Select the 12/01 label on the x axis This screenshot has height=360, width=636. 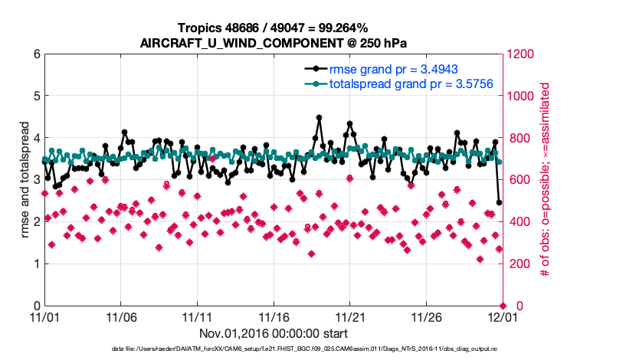[x=502, y=316]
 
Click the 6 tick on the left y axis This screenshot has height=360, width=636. [x=35, y=54]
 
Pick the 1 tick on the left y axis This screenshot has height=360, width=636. [x=35, y=264]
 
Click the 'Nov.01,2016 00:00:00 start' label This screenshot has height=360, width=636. [x=273, y=334]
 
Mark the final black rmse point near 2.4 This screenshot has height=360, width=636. [x=500, y=203]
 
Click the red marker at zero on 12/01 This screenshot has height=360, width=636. [x=502, y=306]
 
